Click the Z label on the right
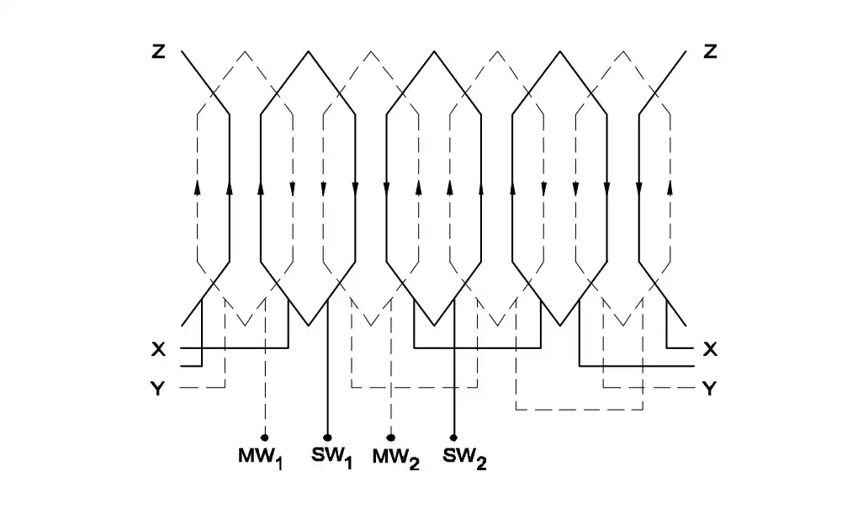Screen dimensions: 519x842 [710, 52]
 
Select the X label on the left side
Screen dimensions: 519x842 [158, 348]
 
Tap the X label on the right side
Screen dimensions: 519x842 [710, 348]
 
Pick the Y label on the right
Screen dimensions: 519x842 [710, 388]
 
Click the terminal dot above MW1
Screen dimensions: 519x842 [265, 437]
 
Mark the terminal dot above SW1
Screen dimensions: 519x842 [327, 437]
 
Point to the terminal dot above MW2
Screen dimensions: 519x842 [391, 437]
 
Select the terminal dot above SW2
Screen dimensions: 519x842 [454, 437]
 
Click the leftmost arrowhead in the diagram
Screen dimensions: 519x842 [197, 188]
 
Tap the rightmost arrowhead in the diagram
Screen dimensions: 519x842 [670, 188]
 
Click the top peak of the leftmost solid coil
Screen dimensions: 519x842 [308, 51]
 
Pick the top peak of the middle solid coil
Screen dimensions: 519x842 [434, 51]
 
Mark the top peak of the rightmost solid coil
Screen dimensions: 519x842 [560, 51]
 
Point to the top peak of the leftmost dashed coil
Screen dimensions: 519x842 [245, 51]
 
